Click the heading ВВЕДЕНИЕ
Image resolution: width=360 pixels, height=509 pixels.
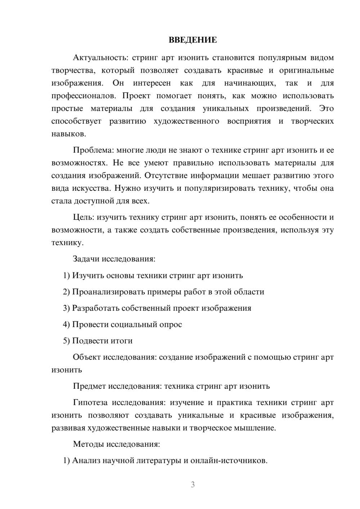pos(193,40)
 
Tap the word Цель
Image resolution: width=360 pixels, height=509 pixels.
pos(83,217)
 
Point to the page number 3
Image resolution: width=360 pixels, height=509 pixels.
pos(193,485)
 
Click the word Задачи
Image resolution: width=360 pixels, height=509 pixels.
pos(86,259)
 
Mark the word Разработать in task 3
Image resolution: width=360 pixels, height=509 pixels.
pos(95,308)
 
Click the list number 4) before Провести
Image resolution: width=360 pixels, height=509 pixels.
pos(66,325)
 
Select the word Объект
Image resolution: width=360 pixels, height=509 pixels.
pos(87,357)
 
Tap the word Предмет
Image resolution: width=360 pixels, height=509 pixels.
pos(89,386)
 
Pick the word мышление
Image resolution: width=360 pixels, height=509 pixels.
pos(257,428)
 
